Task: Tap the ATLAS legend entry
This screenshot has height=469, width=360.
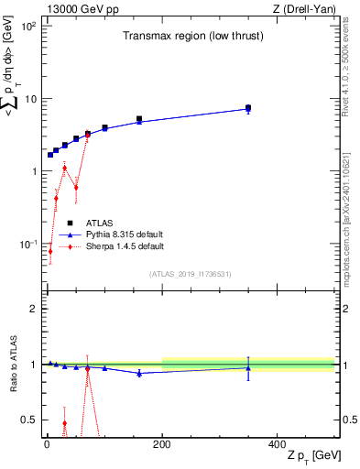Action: [x=99, y=223]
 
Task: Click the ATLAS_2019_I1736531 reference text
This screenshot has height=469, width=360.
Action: [x=191, y=273]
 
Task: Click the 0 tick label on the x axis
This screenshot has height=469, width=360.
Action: [x=46, y=444]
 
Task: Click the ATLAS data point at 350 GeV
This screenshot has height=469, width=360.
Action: [x=248, y=107]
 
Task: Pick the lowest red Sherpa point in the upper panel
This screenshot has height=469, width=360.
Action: [x=50, y=251]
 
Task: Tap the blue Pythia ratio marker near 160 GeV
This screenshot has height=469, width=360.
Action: [x=139, y=373]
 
